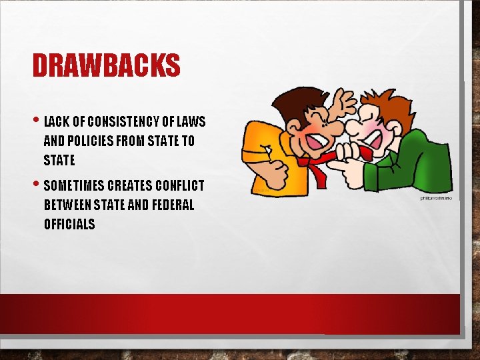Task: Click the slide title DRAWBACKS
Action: [107, 66]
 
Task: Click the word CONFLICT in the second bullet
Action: [179, 185]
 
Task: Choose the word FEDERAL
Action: [172, 205]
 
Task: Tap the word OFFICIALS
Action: [69, 224]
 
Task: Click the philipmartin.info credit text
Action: [436, 198]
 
